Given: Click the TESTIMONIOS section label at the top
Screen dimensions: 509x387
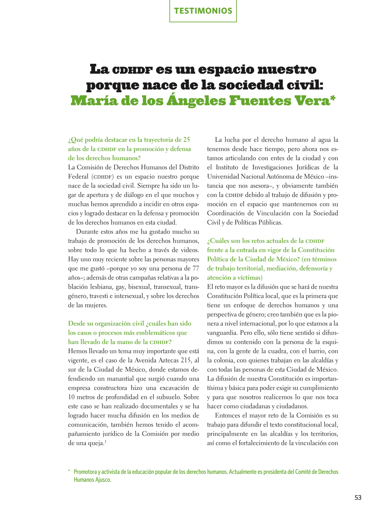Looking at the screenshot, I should pos(203,11).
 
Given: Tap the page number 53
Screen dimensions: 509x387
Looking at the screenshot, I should pos(358,497).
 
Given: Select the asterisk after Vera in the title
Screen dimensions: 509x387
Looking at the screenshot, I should pos(333,99).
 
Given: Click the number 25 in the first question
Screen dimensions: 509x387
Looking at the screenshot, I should pos(187,140).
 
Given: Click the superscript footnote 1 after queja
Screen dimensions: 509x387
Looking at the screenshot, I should pos(106,441).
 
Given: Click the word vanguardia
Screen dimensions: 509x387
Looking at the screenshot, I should pos(222,333).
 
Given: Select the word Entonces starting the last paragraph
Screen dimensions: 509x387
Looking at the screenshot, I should pos(229,415).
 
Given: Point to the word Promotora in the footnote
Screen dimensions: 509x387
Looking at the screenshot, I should pos(85,472).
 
